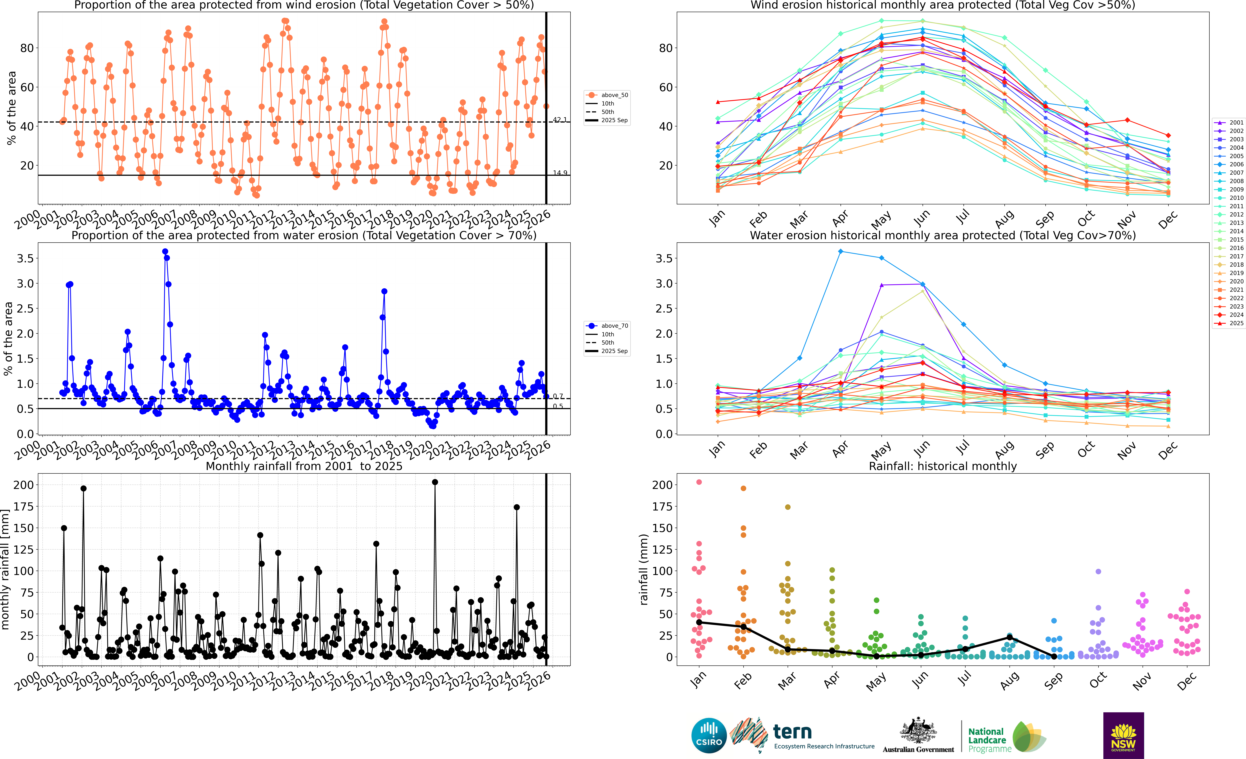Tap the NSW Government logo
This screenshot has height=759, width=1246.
[x=1123, y=735]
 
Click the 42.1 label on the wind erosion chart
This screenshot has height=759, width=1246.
[x=559, y=120]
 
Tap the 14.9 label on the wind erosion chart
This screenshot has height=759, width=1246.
[x=559, y=173]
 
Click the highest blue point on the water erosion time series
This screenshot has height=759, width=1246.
[x=165, y=251]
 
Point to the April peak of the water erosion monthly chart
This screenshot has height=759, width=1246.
[x=840, y=251]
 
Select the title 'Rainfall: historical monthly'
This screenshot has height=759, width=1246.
[x=943, y=466]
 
